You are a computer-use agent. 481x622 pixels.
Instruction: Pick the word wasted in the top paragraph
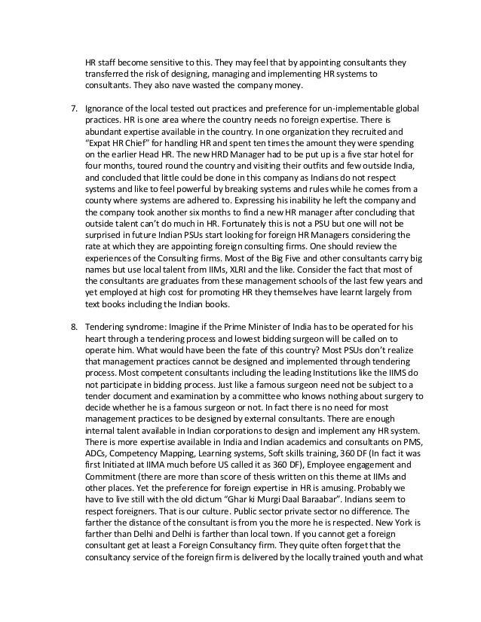click(x=219, y=86)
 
